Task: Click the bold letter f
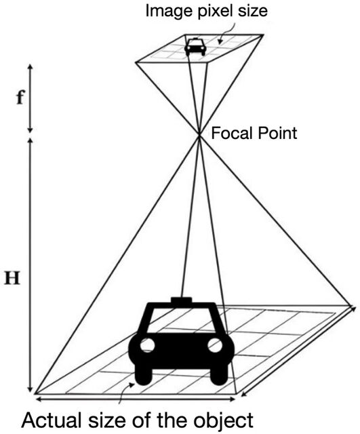pyautogui.click(x=20, y=98)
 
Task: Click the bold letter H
pyautogui.click(x=12, y=278)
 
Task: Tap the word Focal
pyautogui.click(x=231, y=133)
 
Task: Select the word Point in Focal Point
pyautogui.click(x=277, y=133)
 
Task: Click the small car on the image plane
pyautogui.click(x=195, y=47)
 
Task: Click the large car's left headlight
pyautogui.click(x=147, y=345)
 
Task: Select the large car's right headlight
pyautogui.click(x=215, y=345)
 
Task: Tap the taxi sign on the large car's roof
pyautogui.click(x=181, y=300)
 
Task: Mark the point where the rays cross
pyautogui.click(x=199, y=134)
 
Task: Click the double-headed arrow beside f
pyautogui.click(x=31, y=98)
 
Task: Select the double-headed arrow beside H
pyautogui.click(x=31, y=265)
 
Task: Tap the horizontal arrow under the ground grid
pyautogui.click(x=136, y=399)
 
